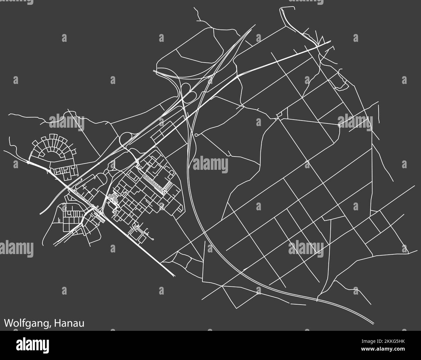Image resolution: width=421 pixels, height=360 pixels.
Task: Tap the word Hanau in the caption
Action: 69,323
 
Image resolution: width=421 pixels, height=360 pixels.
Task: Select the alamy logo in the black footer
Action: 32,344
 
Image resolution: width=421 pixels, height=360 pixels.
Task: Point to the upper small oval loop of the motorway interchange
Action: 186,87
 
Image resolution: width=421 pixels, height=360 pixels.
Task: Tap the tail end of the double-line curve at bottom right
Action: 373,323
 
